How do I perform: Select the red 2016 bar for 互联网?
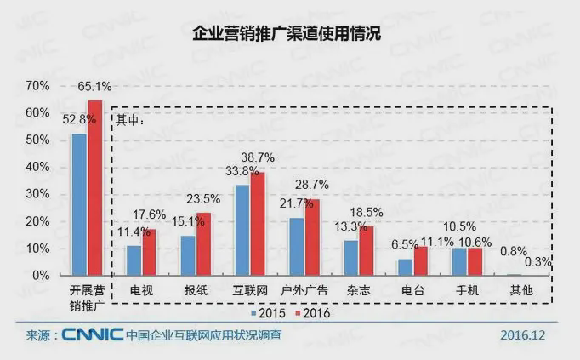(x=257, y=225)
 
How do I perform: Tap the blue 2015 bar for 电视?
(x=134, y=260)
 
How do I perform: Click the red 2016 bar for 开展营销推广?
(x=94, y=188)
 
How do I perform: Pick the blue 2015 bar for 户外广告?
(x=296, y=247)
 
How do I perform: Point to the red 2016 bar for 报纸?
(x=203, y=244)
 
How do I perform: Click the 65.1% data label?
(x=94, y=87)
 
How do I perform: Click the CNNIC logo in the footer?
(x=94, y=335)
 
